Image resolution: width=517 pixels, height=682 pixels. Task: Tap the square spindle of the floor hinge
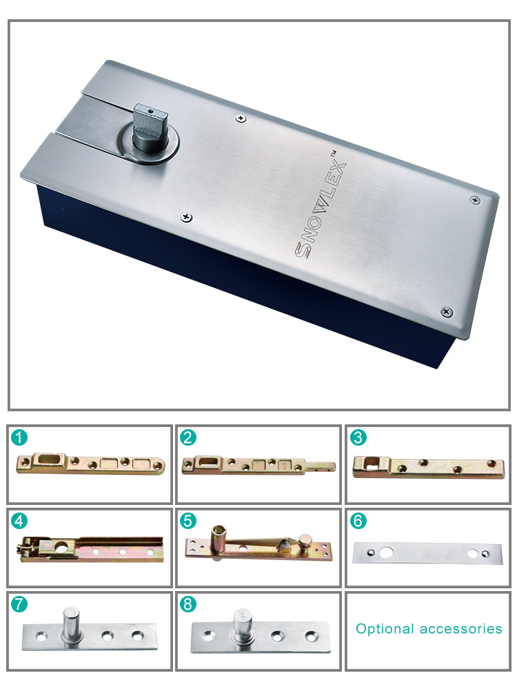click(150, 125)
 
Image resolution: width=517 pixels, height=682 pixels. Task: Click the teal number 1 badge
click(19, 437)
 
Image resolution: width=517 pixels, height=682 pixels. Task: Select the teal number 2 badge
click(188, 437)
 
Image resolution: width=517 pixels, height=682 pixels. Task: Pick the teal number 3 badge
click(358, 437)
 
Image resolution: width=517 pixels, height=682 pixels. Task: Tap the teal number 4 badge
click(19, 521)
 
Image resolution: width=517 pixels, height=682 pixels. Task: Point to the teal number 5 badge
click(188, 521)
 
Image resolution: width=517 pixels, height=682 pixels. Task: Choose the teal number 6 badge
click(358, 521)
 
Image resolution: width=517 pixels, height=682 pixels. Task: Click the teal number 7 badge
click(19, 604)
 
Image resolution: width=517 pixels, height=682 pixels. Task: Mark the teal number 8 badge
click(188, 604)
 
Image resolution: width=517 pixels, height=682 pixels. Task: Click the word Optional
click(385, 629)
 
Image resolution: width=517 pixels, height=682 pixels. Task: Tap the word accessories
click(461, 629)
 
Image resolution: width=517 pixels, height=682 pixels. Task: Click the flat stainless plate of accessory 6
click(427, 553)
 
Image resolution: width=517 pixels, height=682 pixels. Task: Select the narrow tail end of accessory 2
click(321, 466)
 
